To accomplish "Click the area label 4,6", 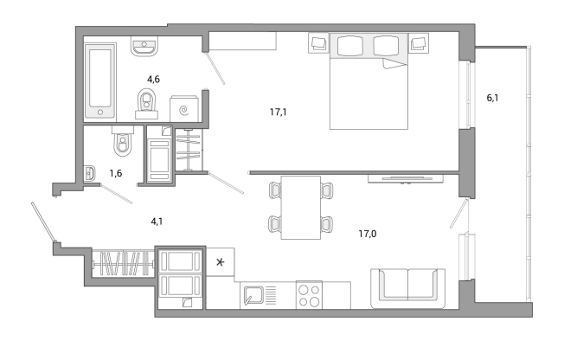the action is click(x=154, y=80).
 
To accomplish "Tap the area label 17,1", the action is click(x=278, y=112).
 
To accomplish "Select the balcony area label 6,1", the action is click(x=492, y=98).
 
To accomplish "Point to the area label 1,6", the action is click(x=116, y=174).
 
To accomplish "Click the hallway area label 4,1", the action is click(x=157, y=222).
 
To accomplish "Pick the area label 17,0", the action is click(x=368, y=234).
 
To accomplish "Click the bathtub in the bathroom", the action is click(x=100, y=82).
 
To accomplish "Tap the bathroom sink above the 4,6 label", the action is click(x=144, y=46).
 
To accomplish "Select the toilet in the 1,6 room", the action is click(x=123, y=140).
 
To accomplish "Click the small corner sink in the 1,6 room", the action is click(x=90, y=174).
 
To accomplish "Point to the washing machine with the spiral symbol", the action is click(x=183, y=109).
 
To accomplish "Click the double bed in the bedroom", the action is click(x=369, y=81).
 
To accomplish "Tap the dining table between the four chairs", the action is click(x=301, y=208).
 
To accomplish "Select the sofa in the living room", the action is click(x=407, y=288).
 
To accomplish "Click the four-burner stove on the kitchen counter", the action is click(x=309, y=295).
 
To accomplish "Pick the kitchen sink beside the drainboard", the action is click(x=253, y=296).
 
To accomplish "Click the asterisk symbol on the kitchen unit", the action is click(x=220, y=262).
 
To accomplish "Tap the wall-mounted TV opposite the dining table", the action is click(x=407, y=178).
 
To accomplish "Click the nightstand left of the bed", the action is click(x=318, y=43).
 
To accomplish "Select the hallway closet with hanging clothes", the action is click(x=123, y=264).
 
